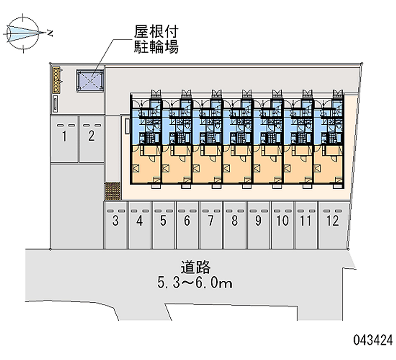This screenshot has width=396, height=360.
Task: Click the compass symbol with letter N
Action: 25,33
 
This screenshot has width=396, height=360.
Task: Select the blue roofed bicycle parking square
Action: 90,81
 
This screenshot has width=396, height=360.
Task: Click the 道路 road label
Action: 196,268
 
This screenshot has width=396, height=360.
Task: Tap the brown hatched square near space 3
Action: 113,191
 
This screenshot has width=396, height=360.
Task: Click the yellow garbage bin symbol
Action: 57,80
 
